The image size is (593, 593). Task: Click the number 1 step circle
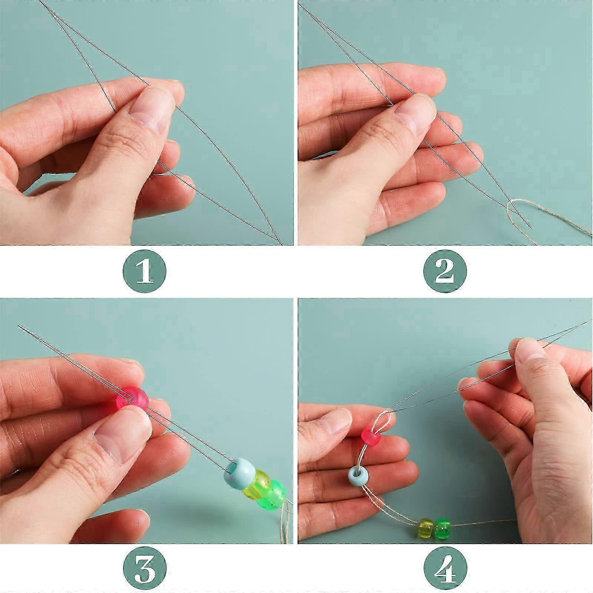(145, 271)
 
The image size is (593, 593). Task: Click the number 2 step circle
(445, 271)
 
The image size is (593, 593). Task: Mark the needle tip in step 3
(19, 326)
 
